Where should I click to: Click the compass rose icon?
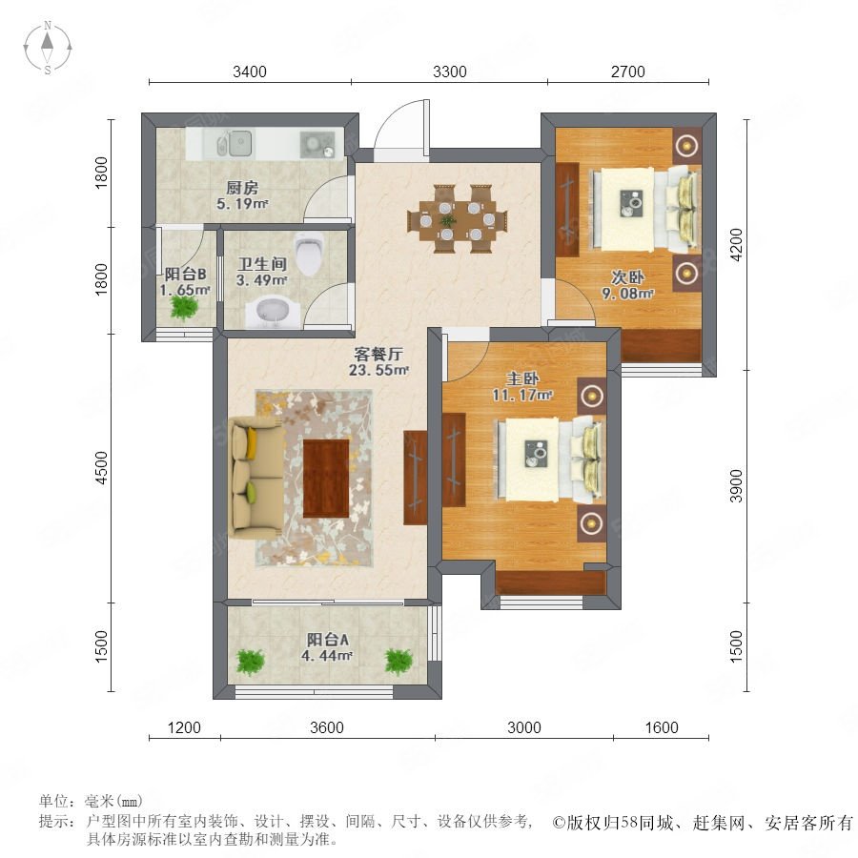48,48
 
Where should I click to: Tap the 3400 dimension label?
250,71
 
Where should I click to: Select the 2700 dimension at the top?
627,71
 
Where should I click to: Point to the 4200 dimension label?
737,245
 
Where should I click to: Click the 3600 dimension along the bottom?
327,727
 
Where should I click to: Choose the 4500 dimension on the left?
102,468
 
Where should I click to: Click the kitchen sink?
234,143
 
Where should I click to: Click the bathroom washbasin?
273,313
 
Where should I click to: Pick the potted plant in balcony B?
183,307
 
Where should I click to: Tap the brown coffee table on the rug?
326,479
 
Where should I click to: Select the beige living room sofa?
256,479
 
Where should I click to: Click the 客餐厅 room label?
378,354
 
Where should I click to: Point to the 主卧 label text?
522,378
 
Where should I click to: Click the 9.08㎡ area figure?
627,294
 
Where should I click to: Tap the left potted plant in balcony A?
250,662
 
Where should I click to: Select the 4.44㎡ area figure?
327,655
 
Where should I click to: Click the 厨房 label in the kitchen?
242,188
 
